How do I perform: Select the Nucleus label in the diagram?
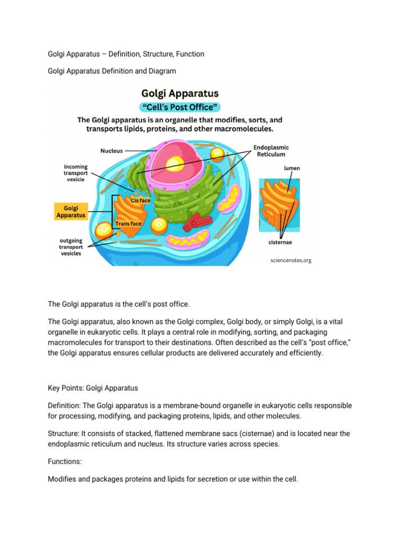112,151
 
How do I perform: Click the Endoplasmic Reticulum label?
271,151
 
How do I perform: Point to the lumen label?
291,168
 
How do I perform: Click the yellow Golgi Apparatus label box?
70,211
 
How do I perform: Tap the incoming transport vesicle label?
73,173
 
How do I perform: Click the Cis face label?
141,200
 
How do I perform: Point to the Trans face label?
128,224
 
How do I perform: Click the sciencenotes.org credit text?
290,260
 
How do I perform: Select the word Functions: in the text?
65,461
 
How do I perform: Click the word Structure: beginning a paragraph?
64,433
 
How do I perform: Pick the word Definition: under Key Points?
65,405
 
